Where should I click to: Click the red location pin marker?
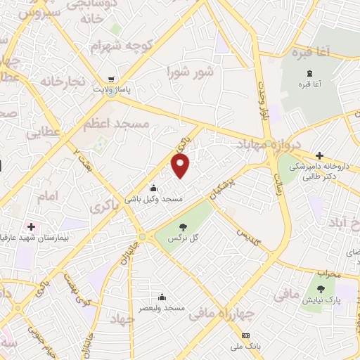tap(181, 166)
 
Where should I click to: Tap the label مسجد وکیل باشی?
tap(154, 200)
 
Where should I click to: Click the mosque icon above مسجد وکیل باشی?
tap(154, 188)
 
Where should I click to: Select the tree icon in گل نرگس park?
tap(183, 226)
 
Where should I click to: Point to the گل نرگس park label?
tap(182, 239)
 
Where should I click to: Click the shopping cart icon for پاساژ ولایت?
tap(111, 79)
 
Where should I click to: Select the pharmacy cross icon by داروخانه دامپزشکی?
tap(319, 155)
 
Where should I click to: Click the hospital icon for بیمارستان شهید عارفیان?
tap(30, 226)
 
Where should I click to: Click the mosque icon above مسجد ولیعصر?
tap(162, 297)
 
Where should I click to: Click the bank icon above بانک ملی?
tap(245, 335)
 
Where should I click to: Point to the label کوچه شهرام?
tap(122, 46)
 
